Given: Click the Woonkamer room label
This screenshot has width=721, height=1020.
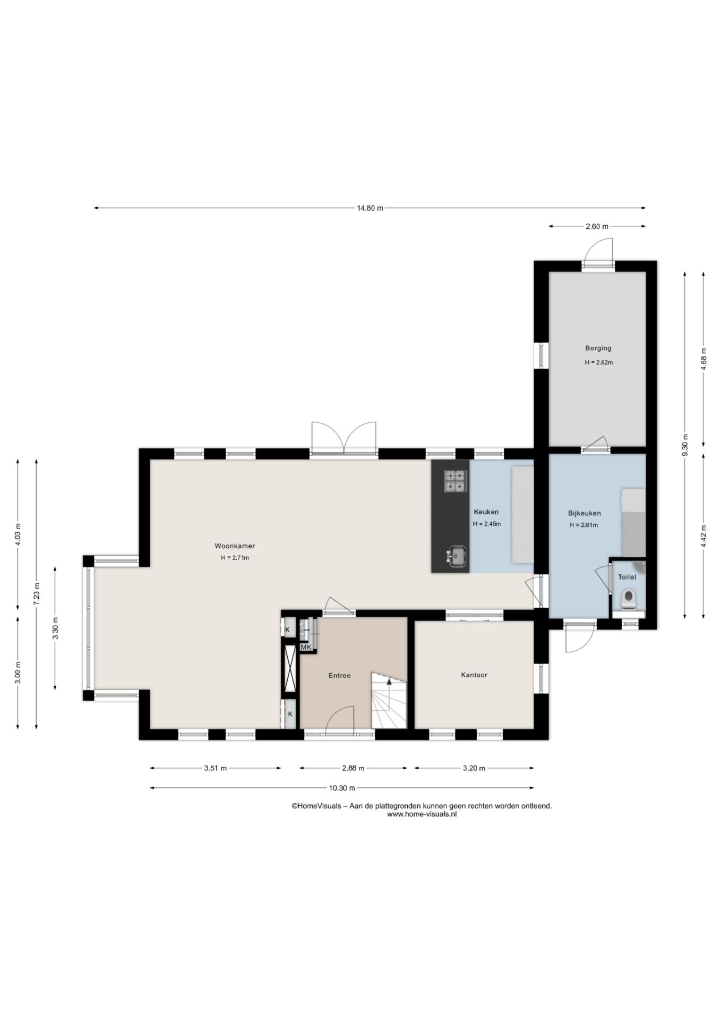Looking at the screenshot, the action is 235,546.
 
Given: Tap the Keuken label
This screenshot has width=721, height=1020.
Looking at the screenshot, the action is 486,512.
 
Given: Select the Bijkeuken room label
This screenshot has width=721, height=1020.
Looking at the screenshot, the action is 584,513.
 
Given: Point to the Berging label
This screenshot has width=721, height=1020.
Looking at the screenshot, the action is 598,348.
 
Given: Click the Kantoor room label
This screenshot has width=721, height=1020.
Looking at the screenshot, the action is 474,675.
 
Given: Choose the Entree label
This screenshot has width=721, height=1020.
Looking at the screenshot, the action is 339,676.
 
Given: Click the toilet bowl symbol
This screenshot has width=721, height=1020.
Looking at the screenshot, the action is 628,599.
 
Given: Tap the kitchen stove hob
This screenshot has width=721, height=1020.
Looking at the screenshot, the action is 456,481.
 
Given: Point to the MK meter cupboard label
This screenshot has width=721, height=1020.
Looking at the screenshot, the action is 306,647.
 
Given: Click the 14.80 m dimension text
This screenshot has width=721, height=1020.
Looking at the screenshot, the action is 370,208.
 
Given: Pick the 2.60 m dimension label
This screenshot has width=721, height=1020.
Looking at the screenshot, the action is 597,226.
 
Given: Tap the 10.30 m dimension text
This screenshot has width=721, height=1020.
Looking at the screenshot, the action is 342,788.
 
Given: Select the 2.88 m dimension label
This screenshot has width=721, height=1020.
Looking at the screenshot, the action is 353,768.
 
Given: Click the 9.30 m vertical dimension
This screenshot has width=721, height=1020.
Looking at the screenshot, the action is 685,445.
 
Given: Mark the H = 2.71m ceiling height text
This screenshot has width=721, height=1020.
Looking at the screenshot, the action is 235,558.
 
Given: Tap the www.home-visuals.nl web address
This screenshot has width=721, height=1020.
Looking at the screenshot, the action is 422,814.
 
